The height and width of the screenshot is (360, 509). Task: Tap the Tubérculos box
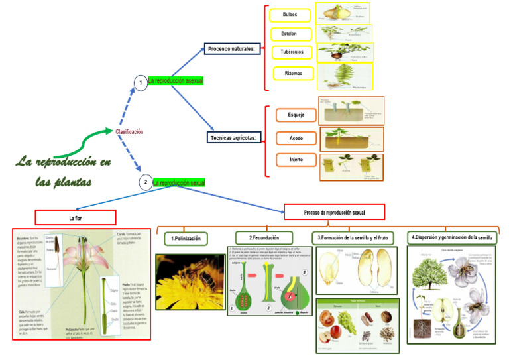click(x=292, y=52)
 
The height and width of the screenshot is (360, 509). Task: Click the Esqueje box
click(x=296, y=115)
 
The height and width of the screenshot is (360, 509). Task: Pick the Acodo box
click(x=296, y=138)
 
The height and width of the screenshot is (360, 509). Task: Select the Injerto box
click(x=296, y=160)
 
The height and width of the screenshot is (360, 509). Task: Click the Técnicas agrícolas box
click(x=235, y=138)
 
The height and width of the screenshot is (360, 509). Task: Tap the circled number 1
click(x=140, y=83)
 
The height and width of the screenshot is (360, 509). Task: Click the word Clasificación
click(x=129, y=132)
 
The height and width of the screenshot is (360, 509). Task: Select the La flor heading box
click(x=75, y=217)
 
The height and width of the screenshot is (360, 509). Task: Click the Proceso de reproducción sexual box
click(x=335, y=212)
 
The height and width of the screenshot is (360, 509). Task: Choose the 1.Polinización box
click(x=186, y=237)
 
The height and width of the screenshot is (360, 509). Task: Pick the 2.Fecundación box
click(x=264, y=237)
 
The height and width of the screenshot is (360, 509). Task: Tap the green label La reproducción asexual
click(x=175, y=80)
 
